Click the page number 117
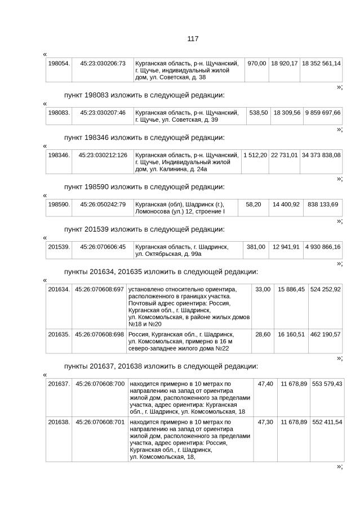coord(193,38)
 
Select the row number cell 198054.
coord(59,63)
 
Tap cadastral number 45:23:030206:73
coord(103,63)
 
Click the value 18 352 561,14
coord(321,63)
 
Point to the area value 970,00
coord(257,63)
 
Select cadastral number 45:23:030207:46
coord(103,113)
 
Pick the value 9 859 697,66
coord(323,113)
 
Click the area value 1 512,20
coord(255,154)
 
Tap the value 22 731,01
coord(285,154)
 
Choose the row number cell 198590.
coord(59,204)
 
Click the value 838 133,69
coord(322,204)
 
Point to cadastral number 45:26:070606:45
coord(103,246)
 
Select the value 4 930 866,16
coord(323,246)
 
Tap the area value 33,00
coord(263,289)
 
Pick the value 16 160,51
coord(291,334)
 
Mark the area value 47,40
coord(265,384)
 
